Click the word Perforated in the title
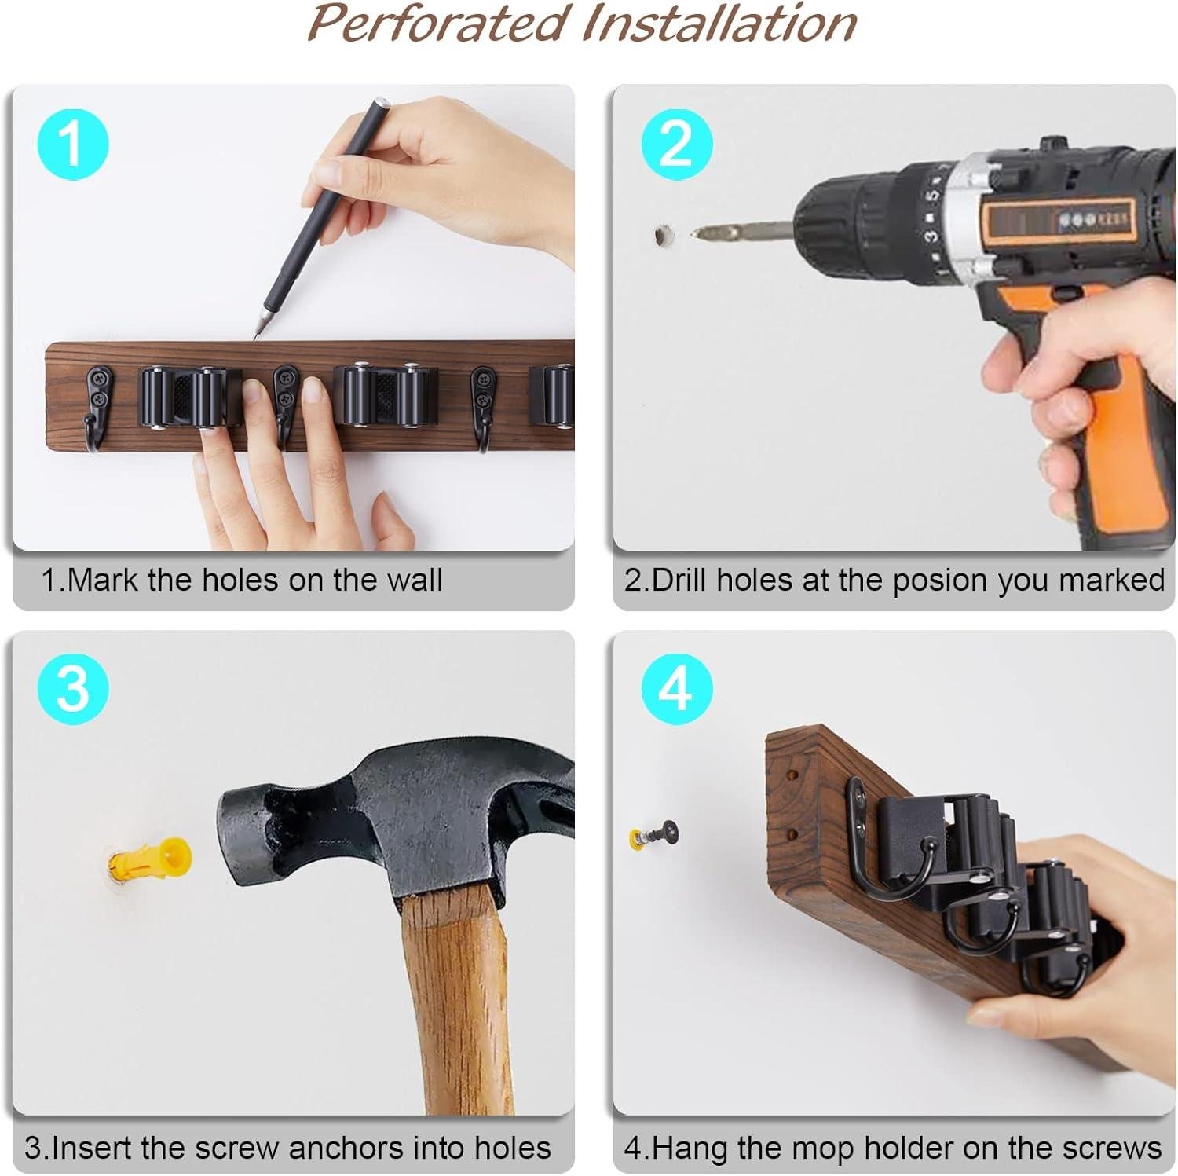[x=437, y=24]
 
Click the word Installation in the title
[x=718, y=24]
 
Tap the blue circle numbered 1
[x=72, y=145]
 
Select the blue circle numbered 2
[x=676, y=145]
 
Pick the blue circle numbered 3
[x=72, y=688]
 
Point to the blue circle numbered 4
[x=676, y=688]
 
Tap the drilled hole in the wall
[x=664, y=234]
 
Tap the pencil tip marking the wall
[x=257, y=336]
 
